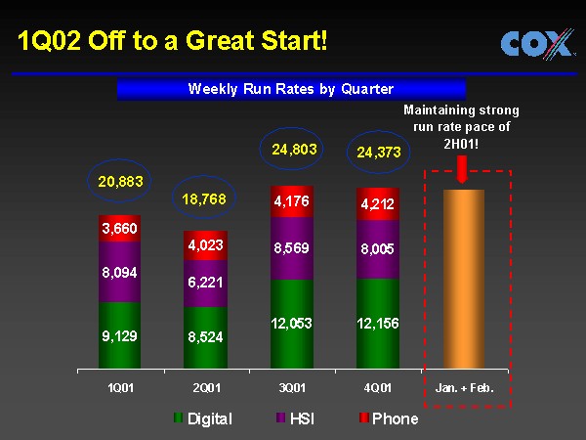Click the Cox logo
[x=536, y=44]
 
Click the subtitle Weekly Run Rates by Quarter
[x=290, y=89]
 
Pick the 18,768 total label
[x=206, y=198]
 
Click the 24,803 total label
[x=292, y=149]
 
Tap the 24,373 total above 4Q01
[x=378, y=153]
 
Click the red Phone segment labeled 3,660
[x=120, y=229]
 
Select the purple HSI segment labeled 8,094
[x=120, y=273]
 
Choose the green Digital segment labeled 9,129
[x=120, y=336]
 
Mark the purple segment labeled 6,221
[x=206, y=283]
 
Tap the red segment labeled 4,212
[x=378, y=204]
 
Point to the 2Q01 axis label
[x=206, y=388]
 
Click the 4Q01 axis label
[x=378, y=388]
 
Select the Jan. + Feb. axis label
[x=464, y=388]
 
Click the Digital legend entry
[x=203, y=419]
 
